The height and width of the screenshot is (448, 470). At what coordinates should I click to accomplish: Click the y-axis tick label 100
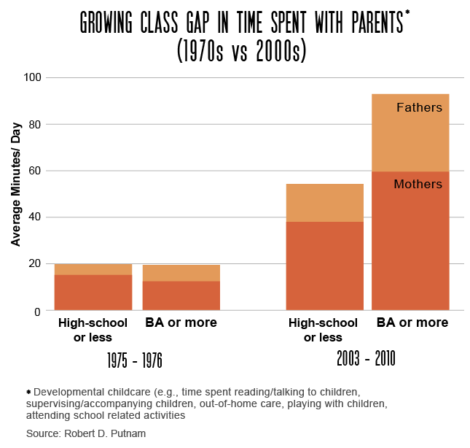(x=33, y=77)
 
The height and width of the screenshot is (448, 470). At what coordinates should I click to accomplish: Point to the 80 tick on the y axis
(x=36, y=124)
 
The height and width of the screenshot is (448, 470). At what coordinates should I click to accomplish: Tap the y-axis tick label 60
(x=36, y=171)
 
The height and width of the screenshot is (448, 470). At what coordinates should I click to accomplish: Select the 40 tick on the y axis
(x=36, y=217)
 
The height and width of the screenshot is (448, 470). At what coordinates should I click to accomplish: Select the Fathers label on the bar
(x=419, y=108)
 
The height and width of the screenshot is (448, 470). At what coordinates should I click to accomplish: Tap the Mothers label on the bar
(x=418, y=185)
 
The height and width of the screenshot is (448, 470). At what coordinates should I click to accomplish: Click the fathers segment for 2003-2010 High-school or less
(x=324, y=202)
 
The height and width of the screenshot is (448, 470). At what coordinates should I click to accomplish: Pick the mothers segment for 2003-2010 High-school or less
(x=324, y=266)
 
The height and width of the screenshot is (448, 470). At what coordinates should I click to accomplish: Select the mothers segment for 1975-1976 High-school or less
(x=93, y=293)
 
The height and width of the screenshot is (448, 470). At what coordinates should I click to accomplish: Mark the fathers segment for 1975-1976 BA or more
(x=181, y=273)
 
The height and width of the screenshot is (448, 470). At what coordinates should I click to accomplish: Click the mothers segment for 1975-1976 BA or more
(x=181, y=296)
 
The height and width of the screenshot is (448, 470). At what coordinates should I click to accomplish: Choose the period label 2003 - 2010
(x=366, y=359)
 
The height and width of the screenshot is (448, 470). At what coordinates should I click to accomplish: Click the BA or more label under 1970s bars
(x=181, y=323)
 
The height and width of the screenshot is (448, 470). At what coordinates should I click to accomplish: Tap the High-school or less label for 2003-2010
(x=323, y=330)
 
